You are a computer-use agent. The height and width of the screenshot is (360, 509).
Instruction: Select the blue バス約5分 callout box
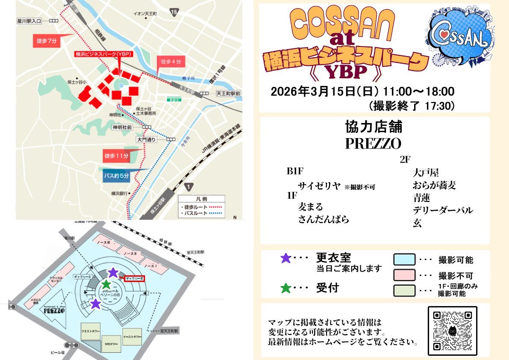pyautogui.click(x=117, y=175)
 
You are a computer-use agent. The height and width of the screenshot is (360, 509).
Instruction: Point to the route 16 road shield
pyautogui.click(x=173, y=12)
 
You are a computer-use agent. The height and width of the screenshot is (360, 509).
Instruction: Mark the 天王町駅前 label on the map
pyautogui.click(x=228, y=93)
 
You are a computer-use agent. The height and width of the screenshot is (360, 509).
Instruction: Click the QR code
pyautogui.click(x=452, y=330)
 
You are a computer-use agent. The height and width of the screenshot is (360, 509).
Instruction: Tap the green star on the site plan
pyautogui.click(x=106, y=284)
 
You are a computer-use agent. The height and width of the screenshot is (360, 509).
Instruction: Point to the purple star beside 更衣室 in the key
pyautogui.click(x=285, y=258)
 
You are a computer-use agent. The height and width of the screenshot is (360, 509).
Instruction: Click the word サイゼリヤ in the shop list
pyautogui.click(x=319, y=186)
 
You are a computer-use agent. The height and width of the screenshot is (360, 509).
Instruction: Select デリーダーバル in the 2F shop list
pyautogui.click(x=442, y=210)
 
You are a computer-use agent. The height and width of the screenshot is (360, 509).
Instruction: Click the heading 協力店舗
pyautogui.click(x=374, y=127)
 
